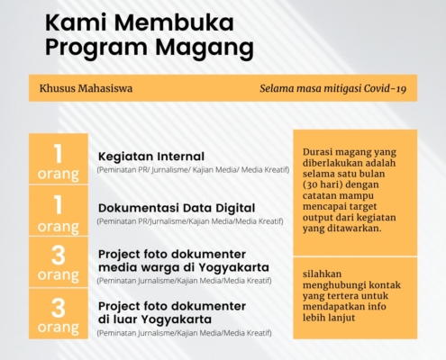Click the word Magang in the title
coord(205,48)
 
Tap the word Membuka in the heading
coord(174,22)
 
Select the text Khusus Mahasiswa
coord(86,88)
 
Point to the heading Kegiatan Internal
coord(151,157)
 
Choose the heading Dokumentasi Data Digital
coord(177,208)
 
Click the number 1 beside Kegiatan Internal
coord(58,153)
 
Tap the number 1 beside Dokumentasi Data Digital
coord(58,205)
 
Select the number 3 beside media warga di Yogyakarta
coord(59,256)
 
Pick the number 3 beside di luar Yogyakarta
coord(59,308)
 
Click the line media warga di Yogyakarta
coord(184,267)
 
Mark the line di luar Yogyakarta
coord(155,319)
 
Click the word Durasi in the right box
coord(317,152)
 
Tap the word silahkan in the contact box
coord(318,274)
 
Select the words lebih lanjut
coord(329,318)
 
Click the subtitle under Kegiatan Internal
coord(193,170)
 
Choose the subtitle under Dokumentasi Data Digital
coord(190,221)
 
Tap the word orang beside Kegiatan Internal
coord(59,175)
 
